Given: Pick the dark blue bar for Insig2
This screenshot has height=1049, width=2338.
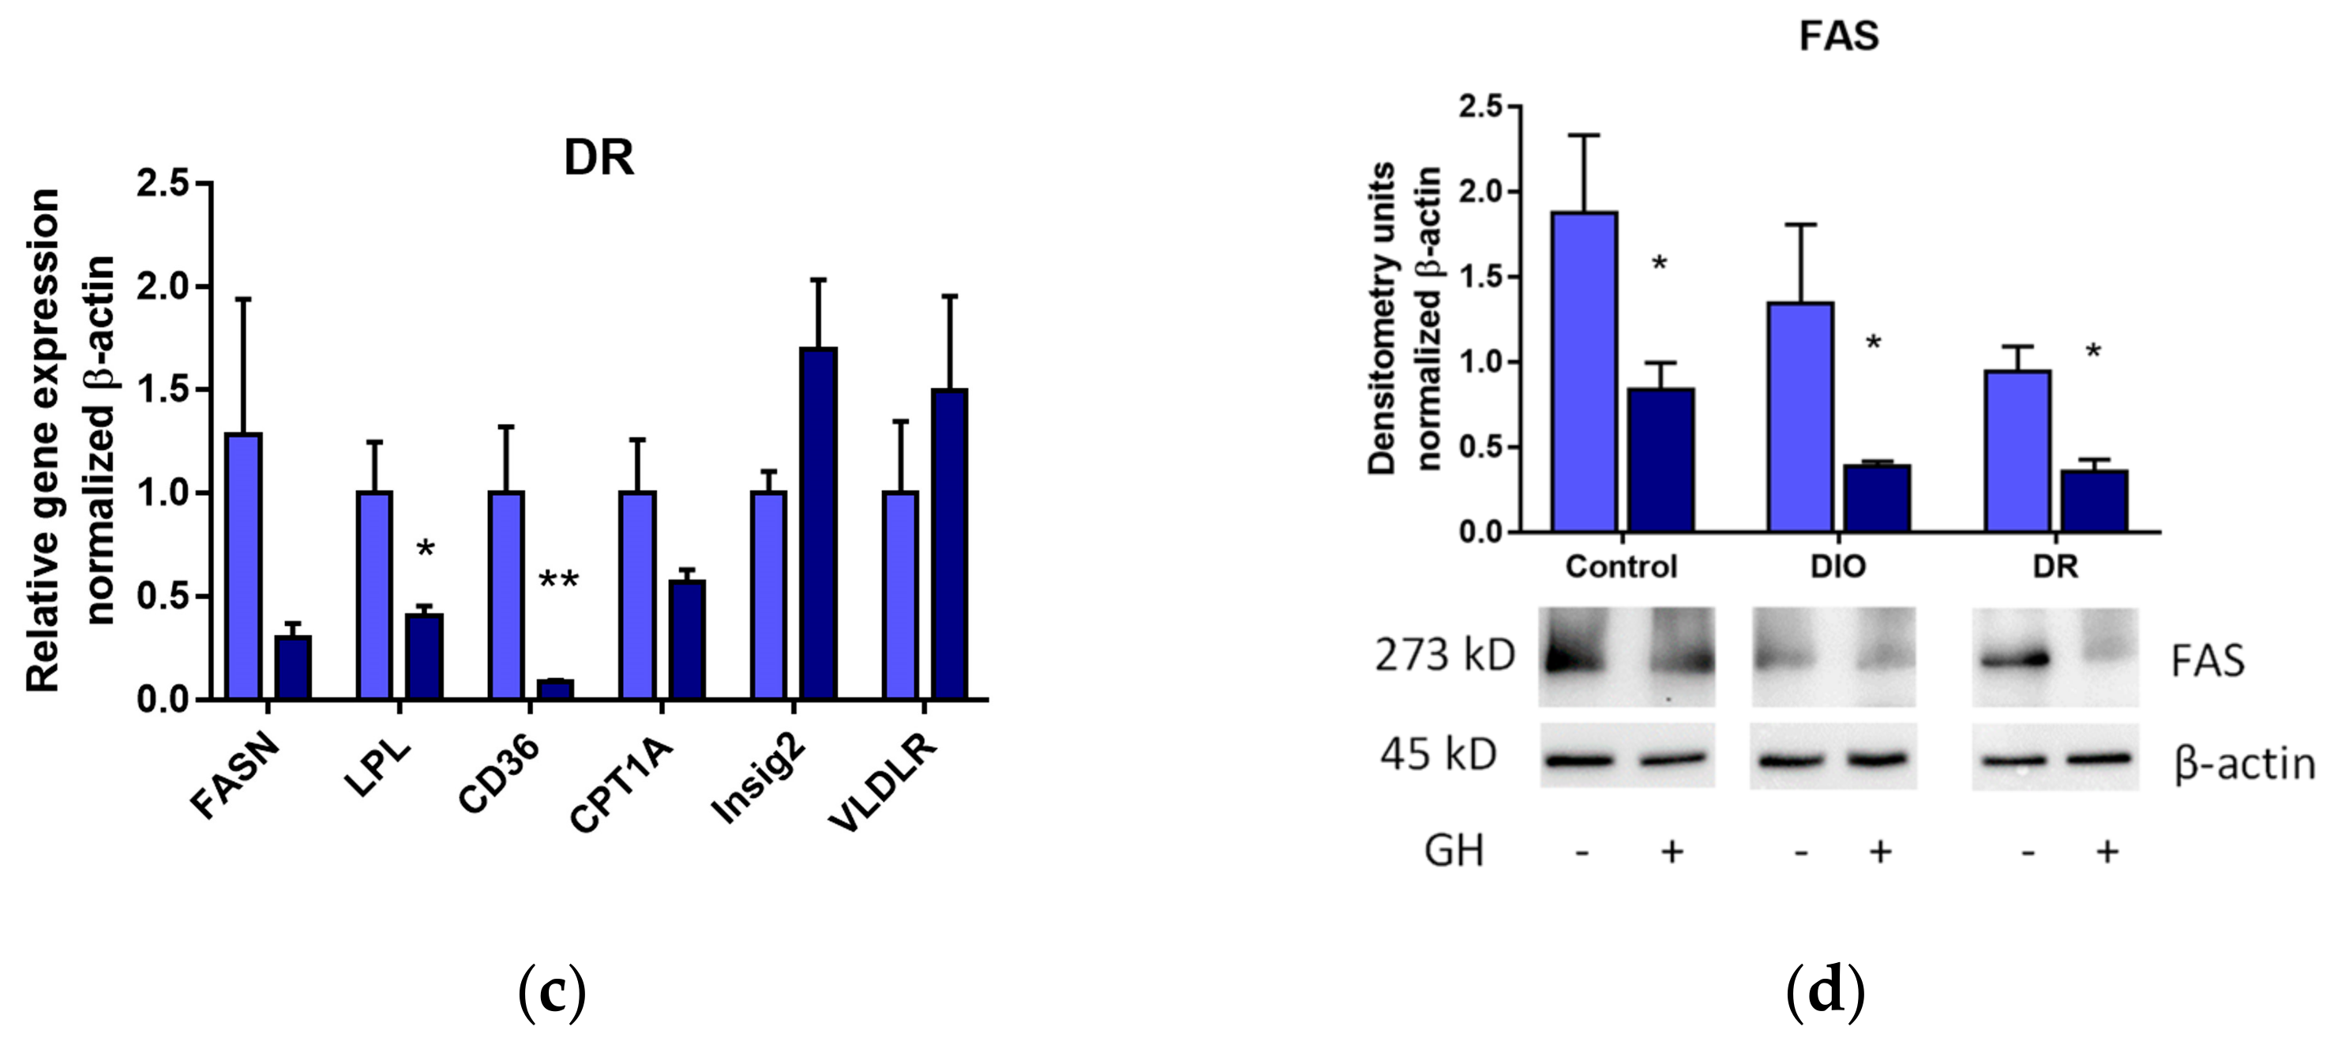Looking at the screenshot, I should pyautogui.click(x=818, y=523).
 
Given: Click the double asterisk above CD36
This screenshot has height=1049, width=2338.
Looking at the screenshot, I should pyautogui.click(x=558, y=582).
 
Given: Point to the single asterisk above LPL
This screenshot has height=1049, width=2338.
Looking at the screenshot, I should pyautogui.click(x=425, y=549).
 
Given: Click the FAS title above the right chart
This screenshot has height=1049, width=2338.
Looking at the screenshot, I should pyautogui.click(x=1839, y=36).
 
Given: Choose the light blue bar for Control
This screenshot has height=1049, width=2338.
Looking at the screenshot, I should pyautogui.click(x=1584, y=372).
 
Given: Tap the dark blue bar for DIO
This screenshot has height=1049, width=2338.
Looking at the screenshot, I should pyautogui.click(x=1877, y=498).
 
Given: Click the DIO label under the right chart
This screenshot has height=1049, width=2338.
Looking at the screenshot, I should pyautogui.click(x=1838, y=566).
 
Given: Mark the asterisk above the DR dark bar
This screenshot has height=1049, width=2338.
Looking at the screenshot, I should pyautogui.click(x=2093, y=352).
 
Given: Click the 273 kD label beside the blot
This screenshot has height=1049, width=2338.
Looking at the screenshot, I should pyautogui.click(x=1445, y=655).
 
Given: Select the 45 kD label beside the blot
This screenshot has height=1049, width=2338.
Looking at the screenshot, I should pyautogui.click(x=1439, y=755).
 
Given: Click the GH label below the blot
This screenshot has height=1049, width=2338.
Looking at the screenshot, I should pyautogui.click(x=1454, y=851).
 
